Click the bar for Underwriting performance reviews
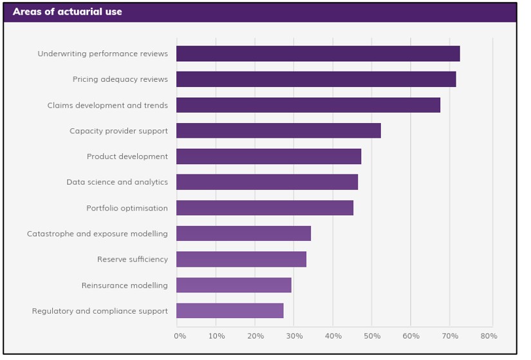tap(318, 53)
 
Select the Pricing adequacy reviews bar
tap(316, 79)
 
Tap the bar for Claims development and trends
tap(308, 105)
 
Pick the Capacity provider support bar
tap(279, 131)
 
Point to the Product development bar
tap(268, 156)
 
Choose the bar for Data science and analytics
tap(267, 182)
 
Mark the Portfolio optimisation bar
tap(265, 208)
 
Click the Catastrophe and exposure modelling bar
tap(243, 234)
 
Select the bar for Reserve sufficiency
tap(241, 260)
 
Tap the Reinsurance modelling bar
tap(234, 285)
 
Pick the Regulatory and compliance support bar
tap(230, 311)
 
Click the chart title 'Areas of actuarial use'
tap(67, 12)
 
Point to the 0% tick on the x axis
tap(180, 336)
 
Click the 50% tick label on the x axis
tap(371, 336)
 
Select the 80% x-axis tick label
tap(489, 336)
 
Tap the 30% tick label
tap(293, 336)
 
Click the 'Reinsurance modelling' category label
tap(124, 285)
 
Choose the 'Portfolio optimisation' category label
tap(127, 208)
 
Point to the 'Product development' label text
tap(127, 156)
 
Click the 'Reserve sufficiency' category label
tap(132, 260)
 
